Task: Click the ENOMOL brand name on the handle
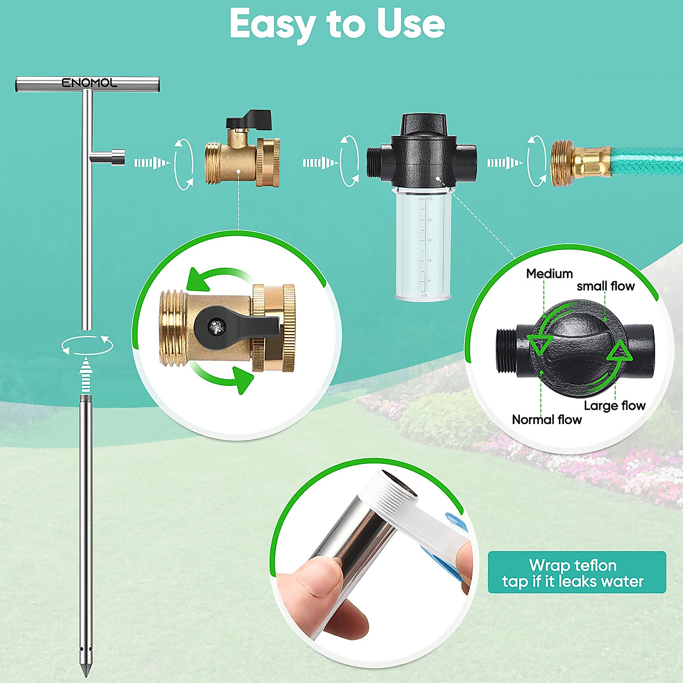click(x=89, y=83)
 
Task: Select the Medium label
click(x=549, y=274)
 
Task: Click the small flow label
click(x=606, y=286)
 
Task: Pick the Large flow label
click(x=615, y=406)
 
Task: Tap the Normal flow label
click(x=546, y=420)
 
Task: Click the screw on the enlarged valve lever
click(x=216, y=327)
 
